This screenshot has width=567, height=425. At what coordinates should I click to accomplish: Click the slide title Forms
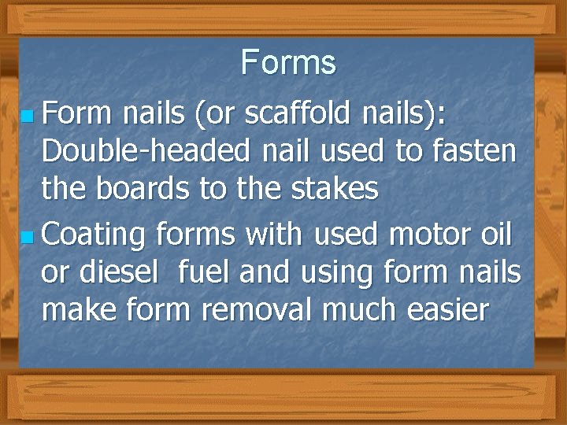click(288, 62)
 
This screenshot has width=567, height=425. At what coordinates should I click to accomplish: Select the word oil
click(495, 233)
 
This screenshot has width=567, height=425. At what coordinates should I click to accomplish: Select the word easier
click(453, 310)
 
